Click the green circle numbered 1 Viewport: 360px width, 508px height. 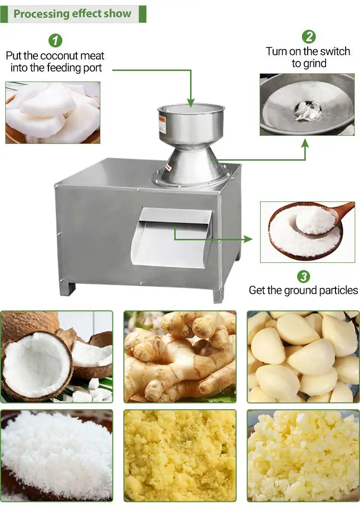[55, 40]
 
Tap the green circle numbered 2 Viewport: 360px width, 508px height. [309, 36]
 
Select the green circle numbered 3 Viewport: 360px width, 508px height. [303, 277]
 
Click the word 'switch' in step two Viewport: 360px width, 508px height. [335, 51]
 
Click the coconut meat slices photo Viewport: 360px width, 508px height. [53, 112]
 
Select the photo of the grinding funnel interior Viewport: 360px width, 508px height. [307, 104]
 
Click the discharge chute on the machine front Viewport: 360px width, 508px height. [172, 238]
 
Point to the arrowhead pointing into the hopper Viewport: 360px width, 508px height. [191, 103]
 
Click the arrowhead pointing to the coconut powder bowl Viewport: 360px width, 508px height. [248, 239]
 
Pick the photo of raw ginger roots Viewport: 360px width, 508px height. [180, 357]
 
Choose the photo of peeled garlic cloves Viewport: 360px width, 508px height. [303, 357]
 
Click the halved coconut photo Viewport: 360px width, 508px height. [57, 357]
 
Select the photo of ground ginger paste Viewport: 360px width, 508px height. [180, 456]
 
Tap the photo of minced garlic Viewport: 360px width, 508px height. [303, 456]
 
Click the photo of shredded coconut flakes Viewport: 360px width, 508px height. [57, 456]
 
